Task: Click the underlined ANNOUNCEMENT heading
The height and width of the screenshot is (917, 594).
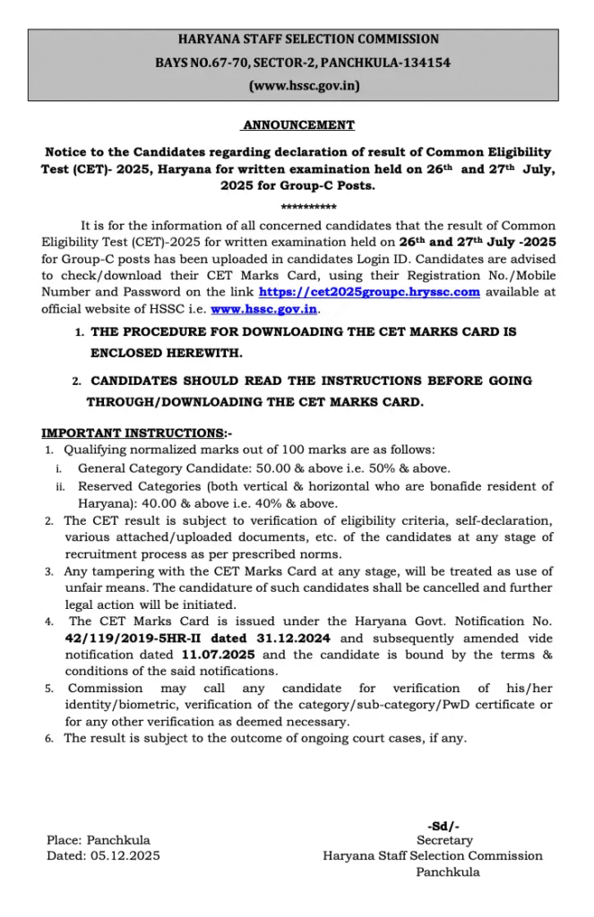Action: point(298,125)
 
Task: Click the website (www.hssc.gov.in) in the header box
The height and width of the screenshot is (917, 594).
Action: point(297,87)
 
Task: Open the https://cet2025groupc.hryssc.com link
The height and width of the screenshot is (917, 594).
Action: point(369,292)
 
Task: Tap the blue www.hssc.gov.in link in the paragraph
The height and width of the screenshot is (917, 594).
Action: point(264,309)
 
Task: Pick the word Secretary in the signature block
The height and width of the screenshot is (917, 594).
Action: point(444,841)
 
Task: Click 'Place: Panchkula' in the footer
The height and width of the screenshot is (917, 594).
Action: point(99,840)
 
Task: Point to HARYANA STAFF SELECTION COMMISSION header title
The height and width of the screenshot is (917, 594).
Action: point(297,40)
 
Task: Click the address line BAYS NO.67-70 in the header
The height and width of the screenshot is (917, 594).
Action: point(297,64)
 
